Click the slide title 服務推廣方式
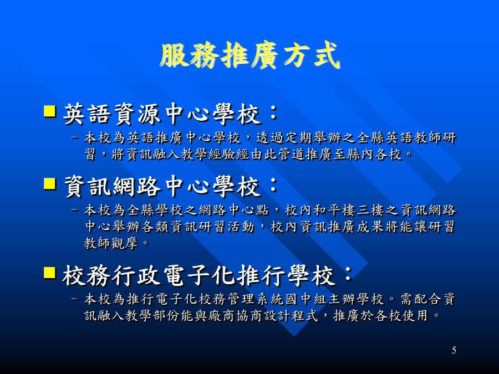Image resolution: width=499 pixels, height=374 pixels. [249, 55]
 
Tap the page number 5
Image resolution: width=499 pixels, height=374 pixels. [454, 351]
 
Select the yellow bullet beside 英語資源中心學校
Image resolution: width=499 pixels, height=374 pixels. [50, 111]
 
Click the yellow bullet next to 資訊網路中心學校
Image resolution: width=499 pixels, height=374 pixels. [50, 184]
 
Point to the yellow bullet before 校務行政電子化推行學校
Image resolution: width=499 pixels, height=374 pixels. [50, 273]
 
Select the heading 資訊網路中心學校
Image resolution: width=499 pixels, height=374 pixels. [162, 186]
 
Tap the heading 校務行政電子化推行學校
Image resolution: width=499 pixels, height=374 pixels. [199, 275]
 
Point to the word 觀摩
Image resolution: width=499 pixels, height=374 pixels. [124, 243]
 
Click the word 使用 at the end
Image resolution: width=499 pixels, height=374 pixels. [414, 316]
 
